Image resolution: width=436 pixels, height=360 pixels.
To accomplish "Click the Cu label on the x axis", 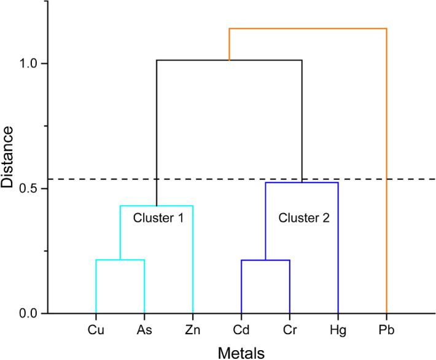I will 96,330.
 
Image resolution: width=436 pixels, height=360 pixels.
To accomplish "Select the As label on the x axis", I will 144,330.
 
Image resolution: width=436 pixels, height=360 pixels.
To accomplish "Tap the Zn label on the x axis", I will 193,330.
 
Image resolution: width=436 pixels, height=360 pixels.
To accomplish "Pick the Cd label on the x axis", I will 241,330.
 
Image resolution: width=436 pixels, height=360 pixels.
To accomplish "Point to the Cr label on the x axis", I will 290,330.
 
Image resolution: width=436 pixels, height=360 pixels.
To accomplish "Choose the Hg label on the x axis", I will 338,330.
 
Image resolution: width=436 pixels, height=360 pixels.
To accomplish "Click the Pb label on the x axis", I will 386,330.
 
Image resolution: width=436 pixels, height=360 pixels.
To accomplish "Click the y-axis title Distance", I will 11,158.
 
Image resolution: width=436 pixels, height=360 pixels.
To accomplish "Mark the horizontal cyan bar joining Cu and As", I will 120,260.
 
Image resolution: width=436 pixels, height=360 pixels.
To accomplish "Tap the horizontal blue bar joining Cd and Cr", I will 265,260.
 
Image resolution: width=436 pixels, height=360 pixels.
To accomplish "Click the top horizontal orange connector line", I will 307,28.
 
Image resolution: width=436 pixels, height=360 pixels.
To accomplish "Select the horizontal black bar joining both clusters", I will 229,60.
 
